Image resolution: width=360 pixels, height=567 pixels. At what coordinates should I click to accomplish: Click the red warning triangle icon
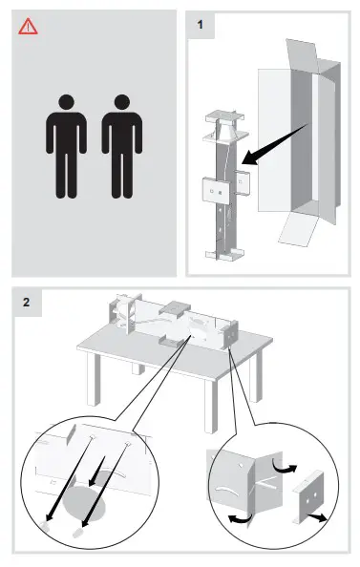click(x=29, y=27)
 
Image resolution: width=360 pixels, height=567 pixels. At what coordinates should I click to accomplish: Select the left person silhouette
click(x=65, y=144)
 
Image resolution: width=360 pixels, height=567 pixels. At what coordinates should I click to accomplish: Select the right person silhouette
click(x=121, y=144)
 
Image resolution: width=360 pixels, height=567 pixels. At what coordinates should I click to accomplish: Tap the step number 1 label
click(x=201, y=24)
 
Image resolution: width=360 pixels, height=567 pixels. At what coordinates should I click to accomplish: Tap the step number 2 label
click(x=27, y=303)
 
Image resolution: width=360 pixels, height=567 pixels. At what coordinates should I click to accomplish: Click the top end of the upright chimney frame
click(x=222, y=117)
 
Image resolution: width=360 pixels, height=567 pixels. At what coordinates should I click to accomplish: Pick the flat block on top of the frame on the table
click(x=178, y=310)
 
